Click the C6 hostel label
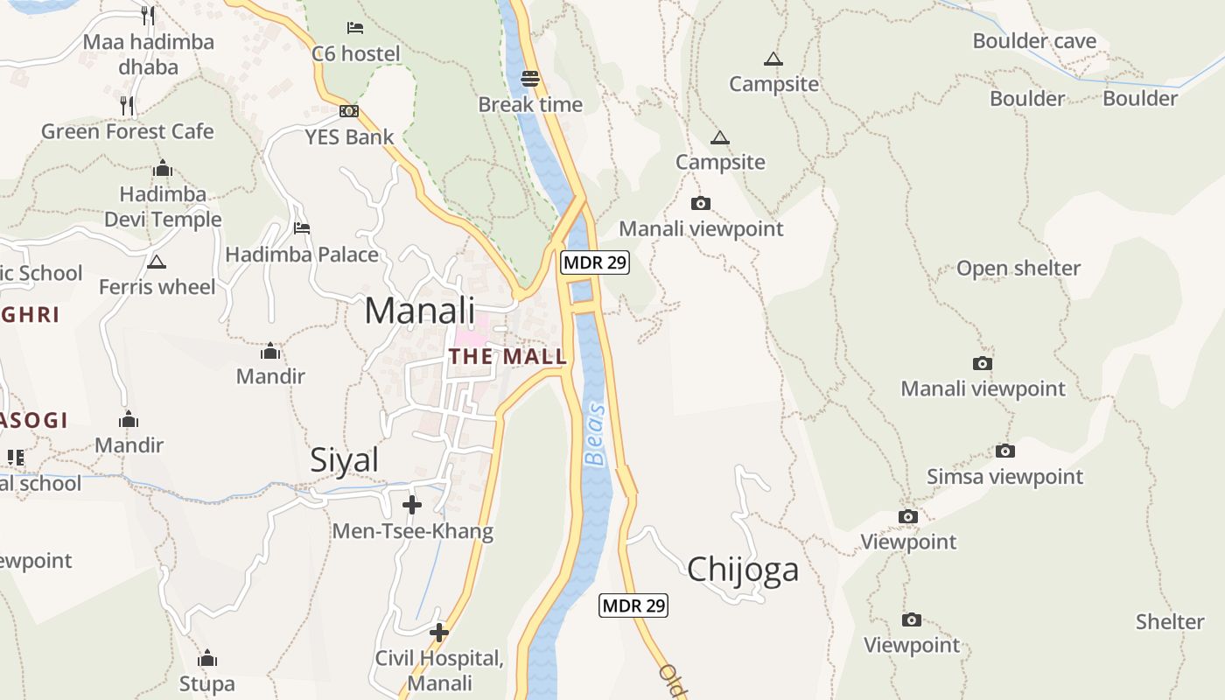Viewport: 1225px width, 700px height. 356,54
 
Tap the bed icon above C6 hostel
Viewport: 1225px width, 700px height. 355,28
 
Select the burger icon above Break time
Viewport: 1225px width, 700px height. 529,78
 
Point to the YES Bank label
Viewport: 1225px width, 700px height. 349,136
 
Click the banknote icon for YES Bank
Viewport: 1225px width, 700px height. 349,111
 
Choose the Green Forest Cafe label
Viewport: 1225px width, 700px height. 128,131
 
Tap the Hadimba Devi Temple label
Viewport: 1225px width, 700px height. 163,206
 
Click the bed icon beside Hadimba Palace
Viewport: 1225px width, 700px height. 302,228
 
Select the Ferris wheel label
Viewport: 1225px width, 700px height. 157,287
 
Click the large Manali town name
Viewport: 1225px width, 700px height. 420,311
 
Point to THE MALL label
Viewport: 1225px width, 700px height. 507,357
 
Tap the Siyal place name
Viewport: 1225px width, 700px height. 344,460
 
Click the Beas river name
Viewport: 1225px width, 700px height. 595,435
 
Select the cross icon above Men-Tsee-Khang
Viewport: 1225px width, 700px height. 411,505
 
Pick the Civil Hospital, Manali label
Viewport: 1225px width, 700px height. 439,670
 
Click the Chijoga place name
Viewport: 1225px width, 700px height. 743,570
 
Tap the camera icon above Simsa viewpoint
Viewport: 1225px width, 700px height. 1005,451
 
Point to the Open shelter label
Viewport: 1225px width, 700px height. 1018,269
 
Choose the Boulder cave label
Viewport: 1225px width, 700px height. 1034,41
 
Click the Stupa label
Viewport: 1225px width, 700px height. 207,683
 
